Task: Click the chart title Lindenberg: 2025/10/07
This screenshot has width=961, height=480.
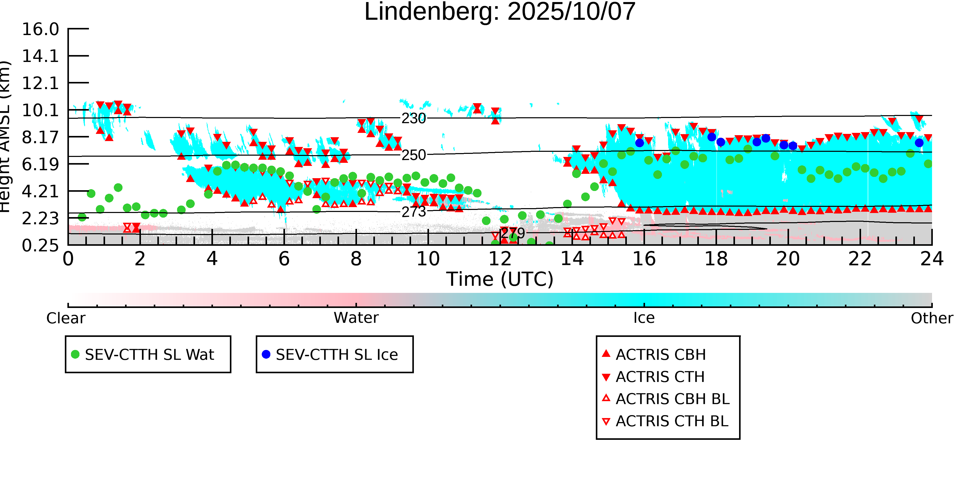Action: click(x=499, y=12)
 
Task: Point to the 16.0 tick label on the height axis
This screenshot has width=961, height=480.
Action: click(x=40, y=29)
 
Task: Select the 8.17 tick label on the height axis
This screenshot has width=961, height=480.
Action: click(x=40, y=137)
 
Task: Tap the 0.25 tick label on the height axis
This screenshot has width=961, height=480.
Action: click(x=40, y=246)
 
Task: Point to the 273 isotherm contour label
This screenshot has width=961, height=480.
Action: click(x=413, y=212)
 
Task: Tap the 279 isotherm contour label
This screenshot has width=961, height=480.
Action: click(x=513, y=233)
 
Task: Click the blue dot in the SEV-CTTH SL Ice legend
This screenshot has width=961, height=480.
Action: click(x=266, y=354)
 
